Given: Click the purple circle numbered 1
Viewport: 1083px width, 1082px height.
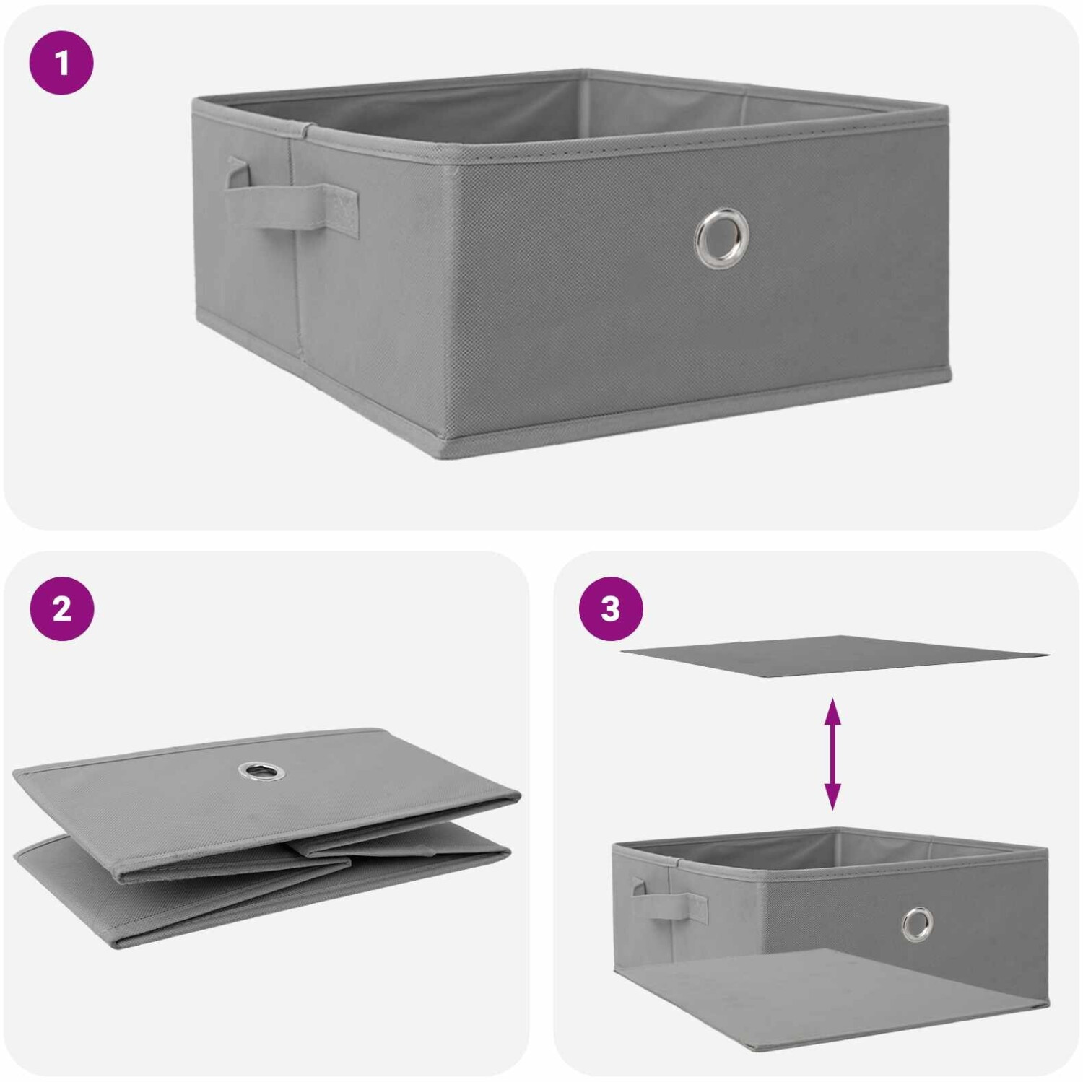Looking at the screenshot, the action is (61, 62).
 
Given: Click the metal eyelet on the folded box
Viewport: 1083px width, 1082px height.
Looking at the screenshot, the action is (256, 772).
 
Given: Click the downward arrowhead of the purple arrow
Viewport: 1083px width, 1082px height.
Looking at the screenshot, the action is (832, 798).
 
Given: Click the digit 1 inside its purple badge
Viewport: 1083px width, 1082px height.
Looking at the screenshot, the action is (62, 62).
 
